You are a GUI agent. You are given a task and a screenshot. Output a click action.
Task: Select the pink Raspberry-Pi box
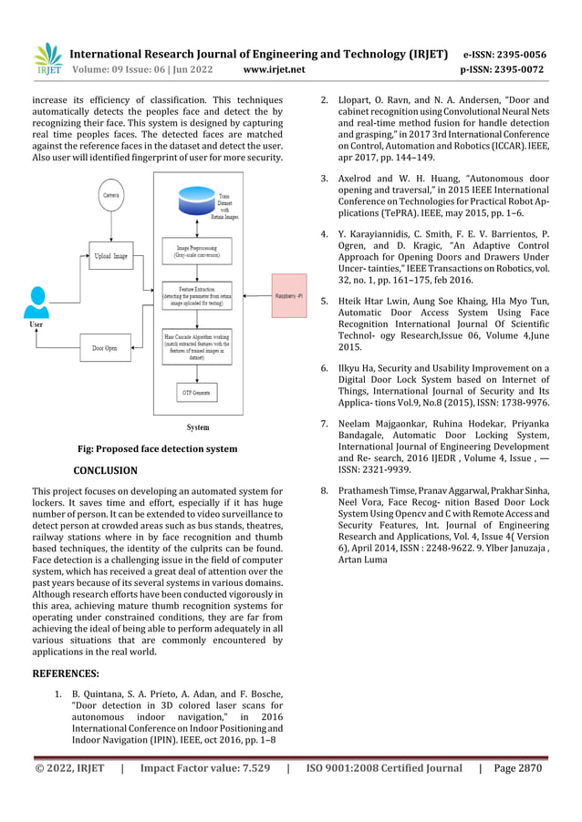tap(296, 297)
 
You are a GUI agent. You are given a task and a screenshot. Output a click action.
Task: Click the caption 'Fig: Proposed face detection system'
tap(158, 448)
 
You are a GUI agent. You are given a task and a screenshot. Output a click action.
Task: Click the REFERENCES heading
tap(66, 674)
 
